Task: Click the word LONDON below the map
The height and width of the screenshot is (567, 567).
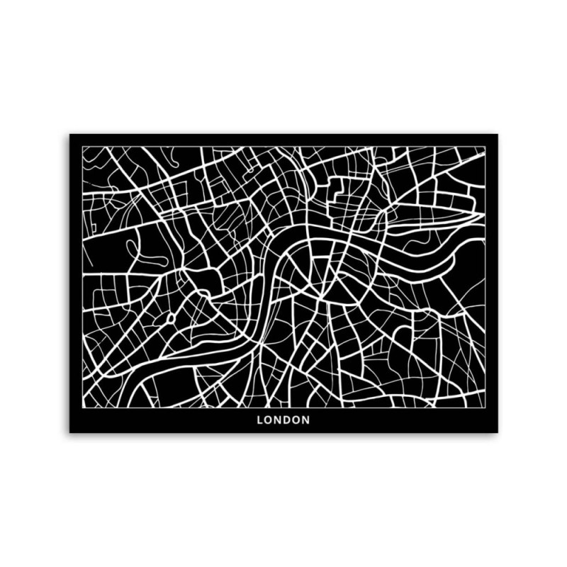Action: (x=283, y=420)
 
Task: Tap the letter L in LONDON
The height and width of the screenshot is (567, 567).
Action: (x=260, y=420)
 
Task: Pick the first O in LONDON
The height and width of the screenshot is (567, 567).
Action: (x=269, y=420)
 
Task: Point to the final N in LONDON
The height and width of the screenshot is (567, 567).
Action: (x=306, y=420)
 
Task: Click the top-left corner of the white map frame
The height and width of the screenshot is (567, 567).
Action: (x=82, y=147)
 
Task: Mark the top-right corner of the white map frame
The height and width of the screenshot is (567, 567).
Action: (x=485, y=147)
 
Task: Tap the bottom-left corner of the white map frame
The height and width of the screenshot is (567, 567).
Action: (x=82, y=407)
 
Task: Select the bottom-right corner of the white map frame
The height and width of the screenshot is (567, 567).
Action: (x=485, y=407)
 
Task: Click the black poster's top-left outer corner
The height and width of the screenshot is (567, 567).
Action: (x=69, y=134)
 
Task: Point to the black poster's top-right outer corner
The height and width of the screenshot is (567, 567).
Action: (x=498, y=134)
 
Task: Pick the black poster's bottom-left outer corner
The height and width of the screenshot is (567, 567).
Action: (x=69, y=432)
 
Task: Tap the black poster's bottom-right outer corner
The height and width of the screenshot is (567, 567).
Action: (x=498, y=432)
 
